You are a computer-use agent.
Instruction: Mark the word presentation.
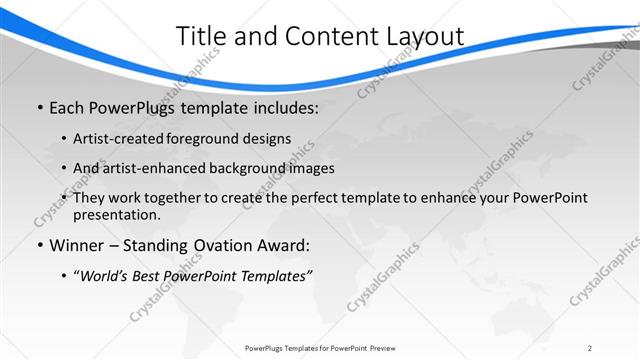116,214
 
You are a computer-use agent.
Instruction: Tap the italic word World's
104,277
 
